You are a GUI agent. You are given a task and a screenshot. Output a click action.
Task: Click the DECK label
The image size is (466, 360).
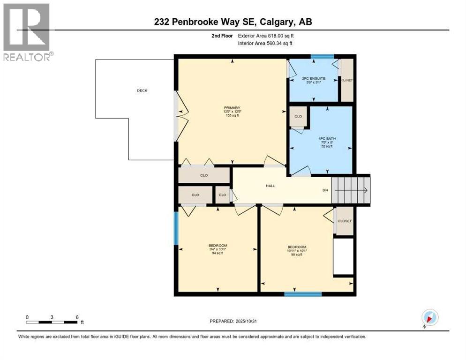(x=142, y=90)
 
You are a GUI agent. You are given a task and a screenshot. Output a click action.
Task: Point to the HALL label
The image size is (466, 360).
(x=271, y=186)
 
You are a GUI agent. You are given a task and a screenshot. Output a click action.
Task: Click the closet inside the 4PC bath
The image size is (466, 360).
(x=298, y=117)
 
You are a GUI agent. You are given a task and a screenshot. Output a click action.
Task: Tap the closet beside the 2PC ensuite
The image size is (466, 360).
(x=347, y=80)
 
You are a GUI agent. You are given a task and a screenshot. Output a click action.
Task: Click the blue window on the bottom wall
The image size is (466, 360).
(x=303, y=294)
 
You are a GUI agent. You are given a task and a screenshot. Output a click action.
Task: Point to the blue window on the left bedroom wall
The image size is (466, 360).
(x=176, y=228)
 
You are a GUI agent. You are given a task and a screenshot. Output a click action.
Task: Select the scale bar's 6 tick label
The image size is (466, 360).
(x=77, y=317)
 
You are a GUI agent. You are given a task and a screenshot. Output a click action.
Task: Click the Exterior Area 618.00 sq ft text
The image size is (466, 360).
(x=268, y=36)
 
